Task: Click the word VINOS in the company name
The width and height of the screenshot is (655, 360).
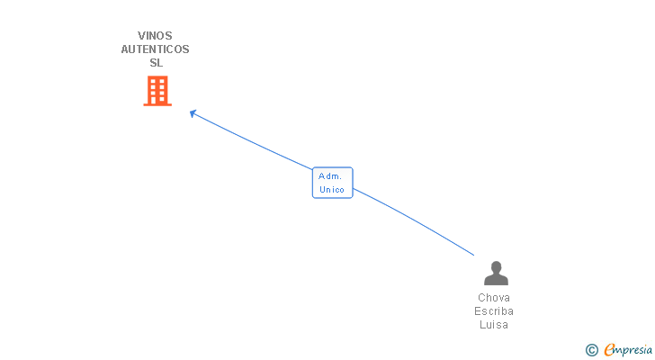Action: click(x=155, y=36)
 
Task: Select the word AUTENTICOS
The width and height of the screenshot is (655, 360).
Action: click(x=155, y=49)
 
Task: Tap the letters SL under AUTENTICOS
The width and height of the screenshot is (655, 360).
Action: click(x=157, y=63)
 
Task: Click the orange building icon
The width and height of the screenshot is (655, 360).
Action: click(x=157, y=91)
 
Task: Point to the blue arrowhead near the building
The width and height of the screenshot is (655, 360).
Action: click(x=193, y=113)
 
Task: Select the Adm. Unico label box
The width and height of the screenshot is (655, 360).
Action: click(x=333, y=183)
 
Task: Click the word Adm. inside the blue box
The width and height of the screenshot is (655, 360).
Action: click(x=330, y=176)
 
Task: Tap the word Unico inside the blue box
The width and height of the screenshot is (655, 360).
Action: click(x=332, y=190)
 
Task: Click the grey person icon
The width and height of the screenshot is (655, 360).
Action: click(x=496, y=273)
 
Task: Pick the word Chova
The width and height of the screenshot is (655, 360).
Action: click(x=494, y=298)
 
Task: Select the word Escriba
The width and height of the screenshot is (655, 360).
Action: click(x=494, y=311)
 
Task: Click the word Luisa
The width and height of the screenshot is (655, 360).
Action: click(x=494, y=325)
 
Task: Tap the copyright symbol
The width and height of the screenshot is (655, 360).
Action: click(x=591, y=350)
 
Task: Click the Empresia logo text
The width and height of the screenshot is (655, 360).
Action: click(x=628, y=350)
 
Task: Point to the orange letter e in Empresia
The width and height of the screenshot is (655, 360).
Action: click(x=609, y=349)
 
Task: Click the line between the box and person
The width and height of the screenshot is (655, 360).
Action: click(x=414, y=220)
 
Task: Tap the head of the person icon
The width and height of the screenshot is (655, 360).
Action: click(x=496, y=267)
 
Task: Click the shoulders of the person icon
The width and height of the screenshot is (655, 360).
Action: click(x=496, y=280)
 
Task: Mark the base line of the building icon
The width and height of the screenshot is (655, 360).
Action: click(x=157, y=104)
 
